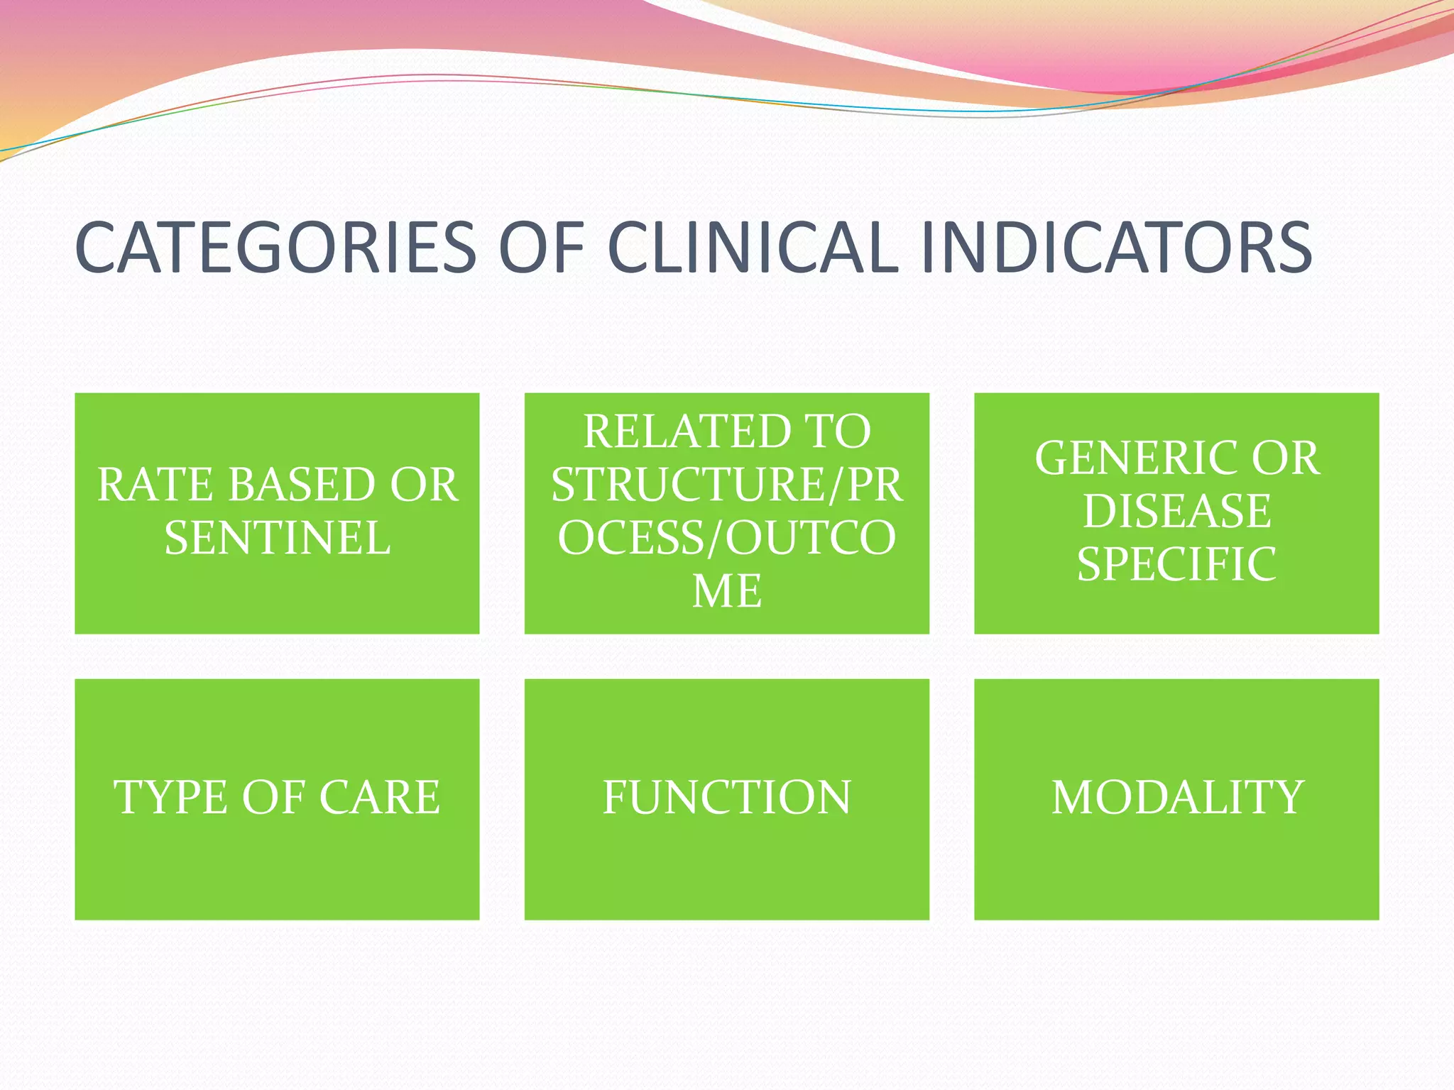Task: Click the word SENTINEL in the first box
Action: tap(277, 538)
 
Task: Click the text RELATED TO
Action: tap(726, 431)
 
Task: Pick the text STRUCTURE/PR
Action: tap(726, 485)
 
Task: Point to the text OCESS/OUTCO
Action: tap(726, 538)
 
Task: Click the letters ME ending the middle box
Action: tap(726, 591)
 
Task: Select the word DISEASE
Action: tap(1176, 511)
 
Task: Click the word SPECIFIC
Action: tap(1176, 565)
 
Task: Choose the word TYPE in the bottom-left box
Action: tap(170, 798)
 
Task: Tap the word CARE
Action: tap(380, 798)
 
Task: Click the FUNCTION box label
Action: tap(726, 798)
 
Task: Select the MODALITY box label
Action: tap(1177, 798)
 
